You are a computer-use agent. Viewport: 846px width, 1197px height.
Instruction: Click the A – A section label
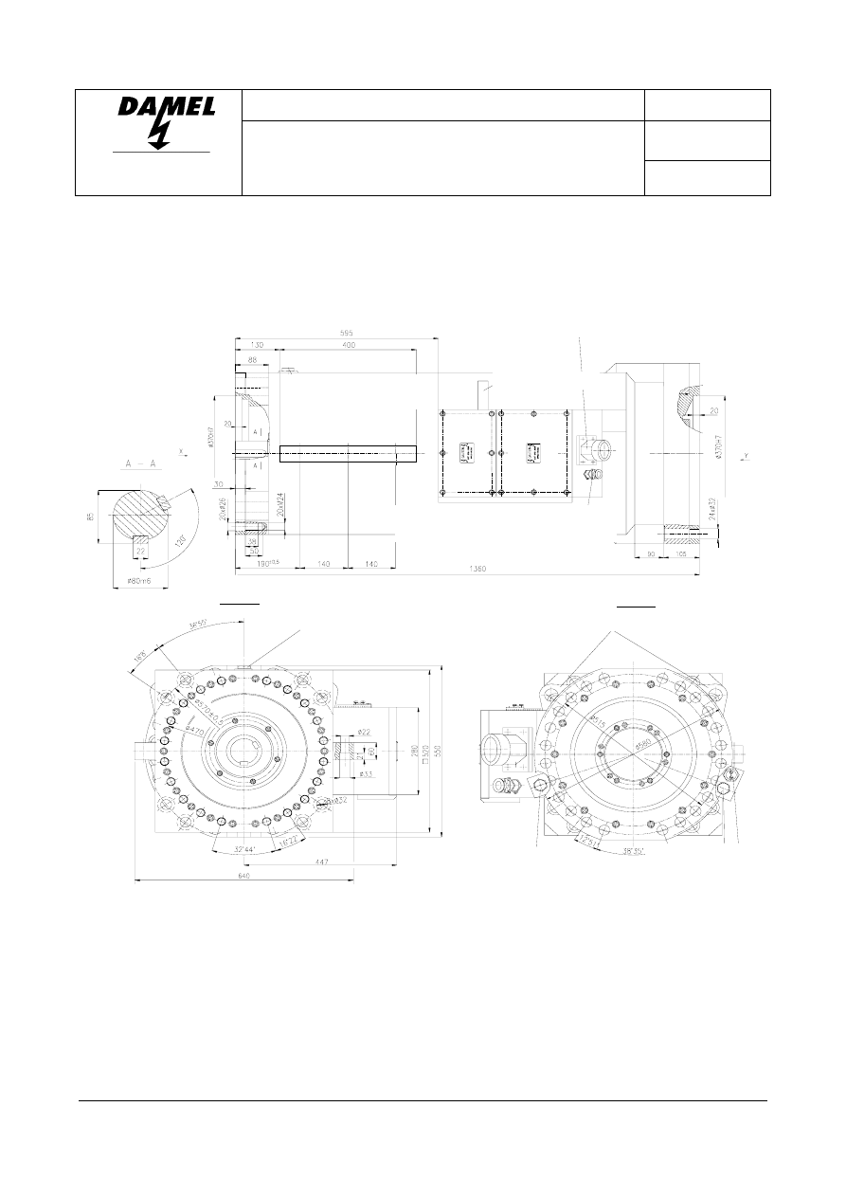coord(140,464)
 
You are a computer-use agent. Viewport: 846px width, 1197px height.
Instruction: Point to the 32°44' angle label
coord(245,850)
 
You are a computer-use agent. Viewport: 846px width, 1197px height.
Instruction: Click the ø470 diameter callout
coord(196,731)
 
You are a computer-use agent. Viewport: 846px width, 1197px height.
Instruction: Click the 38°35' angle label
coord(634,851)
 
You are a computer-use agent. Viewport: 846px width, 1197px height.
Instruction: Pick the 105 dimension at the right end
coord(682,554)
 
